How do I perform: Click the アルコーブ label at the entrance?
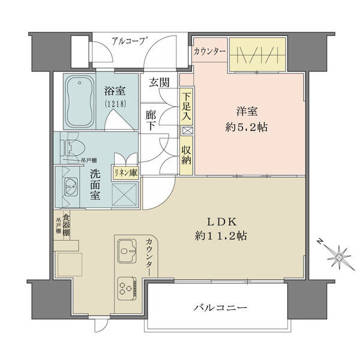[x=129, y=41]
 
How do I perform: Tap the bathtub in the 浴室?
[x=80, y=101]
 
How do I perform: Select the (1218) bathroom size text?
[x=115, y=104]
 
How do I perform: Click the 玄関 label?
[x=160, y=82]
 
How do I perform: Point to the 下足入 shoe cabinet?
[x=186, y=107]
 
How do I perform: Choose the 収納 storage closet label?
[x=186, y=155]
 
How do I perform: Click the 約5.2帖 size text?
[x=247, y=127]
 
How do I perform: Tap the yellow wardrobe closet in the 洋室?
[x=257, y=54]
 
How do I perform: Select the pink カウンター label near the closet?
[x=209, y=52]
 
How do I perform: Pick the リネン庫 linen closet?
[x=125, y=173]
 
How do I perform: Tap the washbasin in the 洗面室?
[x=71, y=187]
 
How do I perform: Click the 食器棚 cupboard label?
[x=67, y=225]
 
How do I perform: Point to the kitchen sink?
[x=127, y=250]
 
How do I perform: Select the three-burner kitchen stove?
[x=127, y=288]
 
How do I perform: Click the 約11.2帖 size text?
[x=221, y=236]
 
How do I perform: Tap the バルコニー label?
[x=220, y=307]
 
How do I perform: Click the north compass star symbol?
[x=339, y=256]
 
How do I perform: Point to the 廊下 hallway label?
[x=151, y=121]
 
